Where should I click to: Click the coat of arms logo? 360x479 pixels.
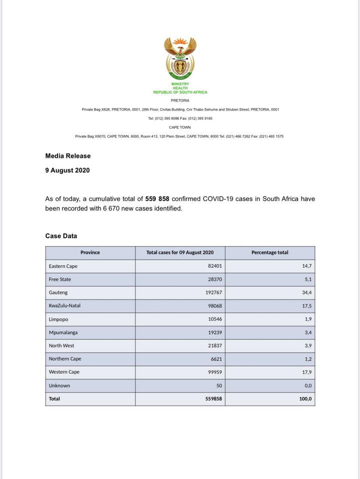[x=180, y=58]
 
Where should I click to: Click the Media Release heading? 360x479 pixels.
[x=68, y=156]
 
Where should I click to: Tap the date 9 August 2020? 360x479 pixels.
[x=67, y=170]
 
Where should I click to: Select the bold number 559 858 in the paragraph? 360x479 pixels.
[x=157, y=199]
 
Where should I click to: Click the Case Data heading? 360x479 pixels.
[x=61, y=236]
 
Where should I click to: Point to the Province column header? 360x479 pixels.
[x=90, y=252]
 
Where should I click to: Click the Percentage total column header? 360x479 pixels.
[x=269, y=252]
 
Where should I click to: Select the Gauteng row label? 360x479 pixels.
[x=58, y=292]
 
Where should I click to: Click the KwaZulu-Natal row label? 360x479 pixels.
[x=64, y=306]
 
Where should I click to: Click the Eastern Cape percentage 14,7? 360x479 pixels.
[x=307, y=266]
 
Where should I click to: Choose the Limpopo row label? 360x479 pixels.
[x=58, y=319]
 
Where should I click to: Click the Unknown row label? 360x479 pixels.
[x=59, y=385]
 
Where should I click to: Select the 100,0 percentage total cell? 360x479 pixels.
[x=305, y=399]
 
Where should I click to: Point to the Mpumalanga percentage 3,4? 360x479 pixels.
[x=308, y=332]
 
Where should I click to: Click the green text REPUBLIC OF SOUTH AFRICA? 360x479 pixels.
[x=180, y=92]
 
